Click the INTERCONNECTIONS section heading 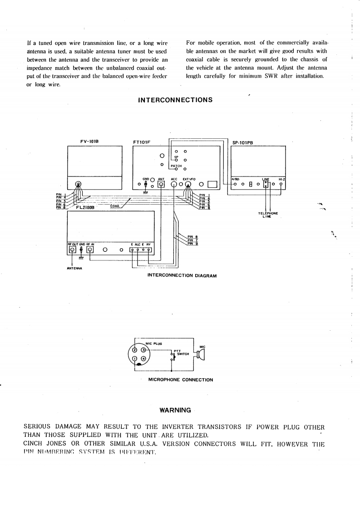click(175, 100)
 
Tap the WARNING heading click(175, 410)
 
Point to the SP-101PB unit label click(242, 142)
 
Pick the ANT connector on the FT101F click(161, 184)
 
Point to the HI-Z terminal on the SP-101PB click(281, 184)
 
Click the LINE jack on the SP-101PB click(266, 184)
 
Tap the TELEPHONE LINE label click(268, 215)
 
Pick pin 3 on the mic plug click(143, 350)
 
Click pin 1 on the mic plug click(135, 359)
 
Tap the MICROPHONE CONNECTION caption click(181, 380)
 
